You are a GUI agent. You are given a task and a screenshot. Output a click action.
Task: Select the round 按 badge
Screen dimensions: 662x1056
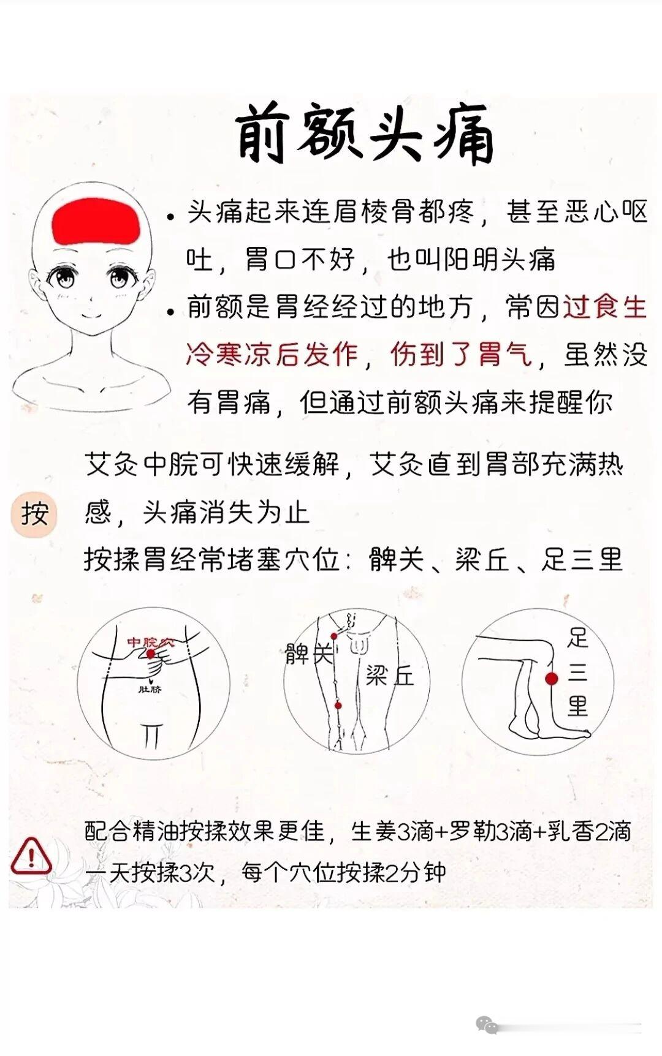pos(34,513)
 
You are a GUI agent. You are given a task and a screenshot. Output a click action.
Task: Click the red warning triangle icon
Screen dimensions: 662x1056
pos(31,855)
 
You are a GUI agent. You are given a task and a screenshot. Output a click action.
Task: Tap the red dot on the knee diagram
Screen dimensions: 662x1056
pos(552,678)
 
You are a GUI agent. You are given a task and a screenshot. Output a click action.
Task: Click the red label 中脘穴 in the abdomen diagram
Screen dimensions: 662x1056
pos(150,643)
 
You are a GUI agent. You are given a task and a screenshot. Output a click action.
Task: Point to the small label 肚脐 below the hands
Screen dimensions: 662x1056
pos(150,689)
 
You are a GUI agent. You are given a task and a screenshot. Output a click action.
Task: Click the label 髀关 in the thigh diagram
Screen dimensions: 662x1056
pos(310,654)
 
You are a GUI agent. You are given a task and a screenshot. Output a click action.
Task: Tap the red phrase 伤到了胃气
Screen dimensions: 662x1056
pos(461,355)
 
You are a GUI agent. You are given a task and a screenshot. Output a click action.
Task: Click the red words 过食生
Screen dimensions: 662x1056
pos(605,307)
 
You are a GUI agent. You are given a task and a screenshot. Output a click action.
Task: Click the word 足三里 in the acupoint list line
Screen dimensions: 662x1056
pos(582,559)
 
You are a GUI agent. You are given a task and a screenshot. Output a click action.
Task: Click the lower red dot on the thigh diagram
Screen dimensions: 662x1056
pos(338,706)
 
